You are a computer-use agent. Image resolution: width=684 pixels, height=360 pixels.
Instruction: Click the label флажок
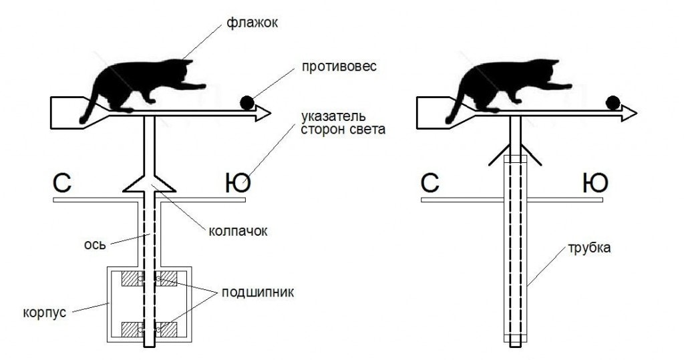[252, 23]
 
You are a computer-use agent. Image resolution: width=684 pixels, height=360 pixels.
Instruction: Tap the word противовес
[339, 67]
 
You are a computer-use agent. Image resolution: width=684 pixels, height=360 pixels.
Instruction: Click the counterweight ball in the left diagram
[247, 102]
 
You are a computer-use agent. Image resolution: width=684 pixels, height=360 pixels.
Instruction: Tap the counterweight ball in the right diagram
[613, 102]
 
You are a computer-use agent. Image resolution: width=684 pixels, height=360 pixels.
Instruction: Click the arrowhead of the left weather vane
[263, 114]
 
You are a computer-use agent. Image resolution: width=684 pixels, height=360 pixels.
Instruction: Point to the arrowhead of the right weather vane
[629, 114]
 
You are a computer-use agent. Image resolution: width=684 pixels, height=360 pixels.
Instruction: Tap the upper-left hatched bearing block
[132, 279]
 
